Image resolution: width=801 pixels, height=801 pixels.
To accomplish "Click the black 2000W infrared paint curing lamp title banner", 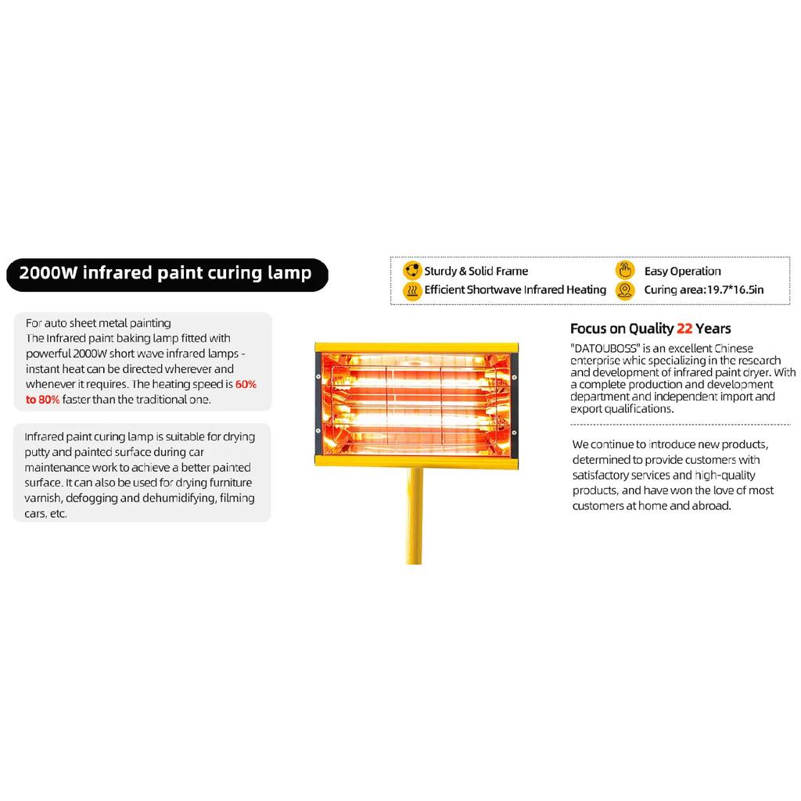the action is [167, 275].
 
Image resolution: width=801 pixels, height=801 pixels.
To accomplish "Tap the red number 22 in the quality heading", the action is [684, 329].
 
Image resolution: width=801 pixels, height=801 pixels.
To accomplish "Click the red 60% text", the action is [246, 384].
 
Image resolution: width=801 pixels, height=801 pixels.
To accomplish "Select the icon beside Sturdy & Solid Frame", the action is [412, 270].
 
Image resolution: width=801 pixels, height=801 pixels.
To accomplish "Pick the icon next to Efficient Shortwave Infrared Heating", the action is [412, 290].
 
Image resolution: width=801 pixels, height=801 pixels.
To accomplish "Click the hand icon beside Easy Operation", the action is [625, 270].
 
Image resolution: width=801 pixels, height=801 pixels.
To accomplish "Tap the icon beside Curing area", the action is [625, 290].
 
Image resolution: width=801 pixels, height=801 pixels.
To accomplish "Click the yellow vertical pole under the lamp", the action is [415, 516].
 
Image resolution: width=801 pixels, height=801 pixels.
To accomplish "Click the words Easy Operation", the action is [682, 271].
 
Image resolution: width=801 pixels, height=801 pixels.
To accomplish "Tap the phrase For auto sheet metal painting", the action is [98, 323].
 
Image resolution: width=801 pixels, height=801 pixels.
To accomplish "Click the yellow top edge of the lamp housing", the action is [416, 347].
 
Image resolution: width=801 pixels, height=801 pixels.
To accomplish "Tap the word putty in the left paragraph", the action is [37, 453].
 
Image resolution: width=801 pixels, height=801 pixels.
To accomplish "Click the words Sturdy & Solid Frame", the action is [476, 271].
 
